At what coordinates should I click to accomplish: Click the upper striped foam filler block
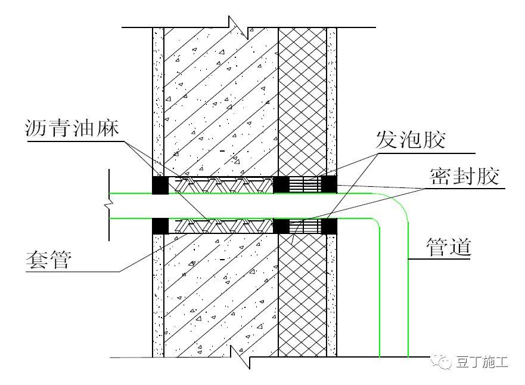pos(305,184)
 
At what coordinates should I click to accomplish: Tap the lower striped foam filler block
pos(305,226)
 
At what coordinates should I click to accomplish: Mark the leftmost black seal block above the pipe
pos(160,185)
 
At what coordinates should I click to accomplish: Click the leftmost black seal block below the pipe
pos(160,226)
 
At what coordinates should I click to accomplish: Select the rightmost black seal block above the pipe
pos(330,184)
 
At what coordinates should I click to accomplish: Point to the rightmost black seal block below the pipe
pos(330,226)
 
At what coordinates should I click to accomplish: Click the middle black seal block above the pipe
pos(281,184)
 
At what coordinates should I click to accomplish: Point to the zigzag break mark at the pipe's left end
pos(108,205)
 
